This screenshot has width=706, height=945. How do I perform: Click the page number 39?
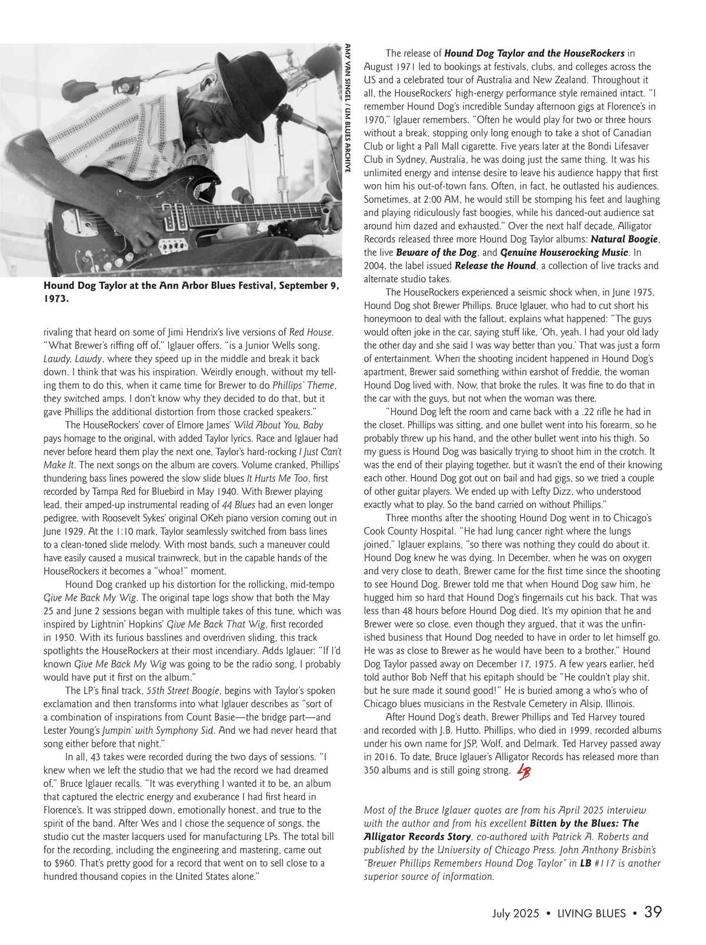tap(653, 913)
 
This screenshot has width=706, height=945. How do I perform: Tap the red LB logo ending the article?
tap(522, 772)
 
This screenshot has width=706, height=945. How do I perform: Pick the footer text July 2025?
tap(515, 914)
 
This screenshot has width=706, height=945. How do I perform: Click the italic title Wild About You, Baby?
tap(285, 425)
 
